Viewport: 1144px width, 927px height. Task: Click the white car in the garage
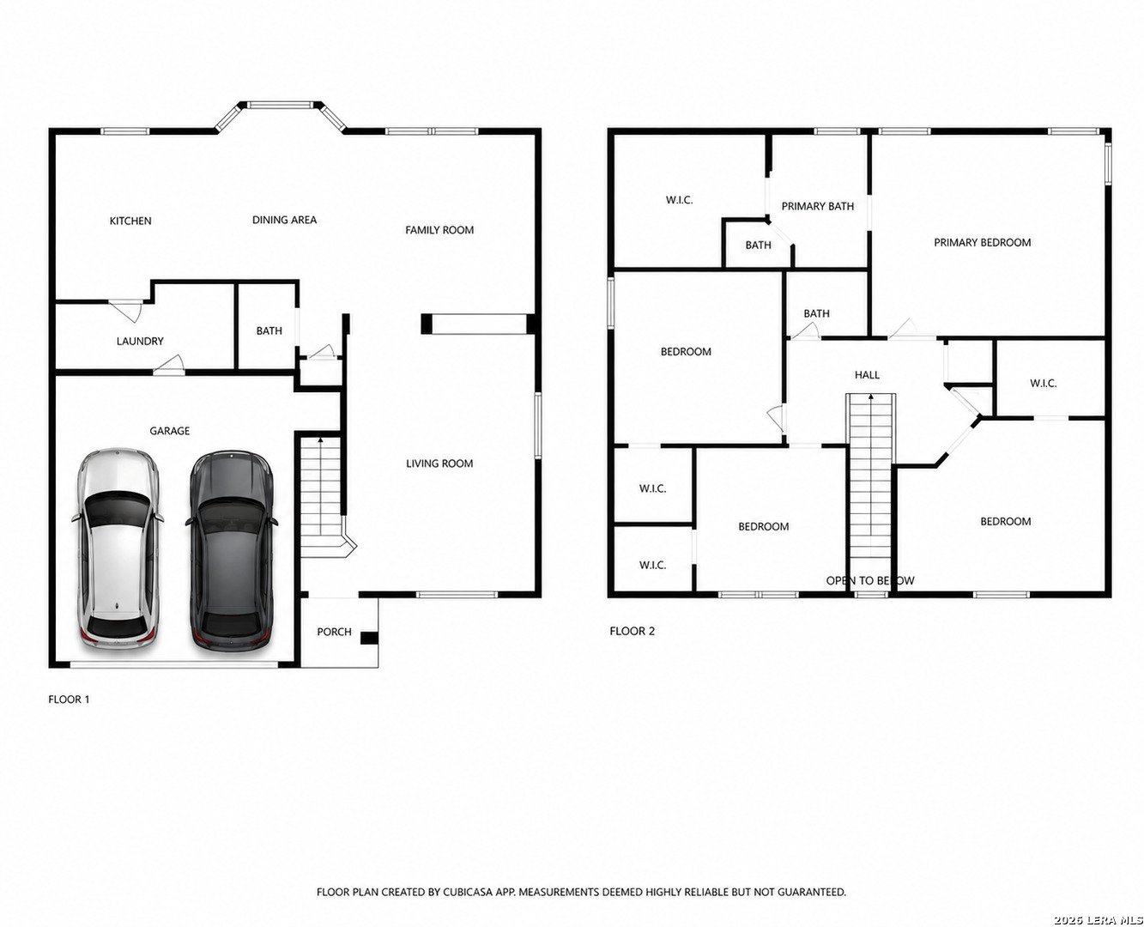click(x=118, y=548)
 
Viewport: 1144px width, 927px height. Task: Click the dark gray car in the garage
click(x=232, y=551)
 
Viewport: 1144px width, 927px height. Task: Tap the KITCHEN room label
click(x=130, y=221)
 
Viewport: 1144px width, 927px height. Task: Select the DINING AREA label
click(x=285, y=220)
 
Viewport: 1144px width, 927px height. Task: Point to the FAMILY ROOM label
click(x=439, y=230)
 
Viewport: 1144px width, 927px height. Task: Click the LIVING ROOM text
click(x=439, y=463)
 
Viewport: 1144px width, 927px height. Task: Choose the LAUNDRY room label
click(x=140, y=341)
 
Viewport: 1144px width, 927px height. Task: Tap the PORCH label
click(x=334, y=632)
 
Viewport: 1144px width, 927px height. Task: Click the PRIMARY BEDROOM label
click(x=983, y=243)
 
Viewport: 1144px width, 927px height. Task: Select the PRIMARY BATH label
click(x=818, y=206)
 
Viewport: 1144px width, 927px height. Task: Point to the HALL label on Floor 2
click(x=867, y=375)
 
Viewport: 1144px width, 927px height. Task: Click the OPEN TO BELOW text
click(x=870, y=580)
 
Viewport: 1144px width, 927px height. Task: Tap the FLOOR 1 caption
click(x=69, y=700)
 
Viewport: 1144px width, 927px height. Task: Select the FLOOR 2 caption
click(x=633, y=631)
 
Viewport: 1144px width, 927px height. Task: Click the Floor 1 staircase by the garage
click(x=322, y=497)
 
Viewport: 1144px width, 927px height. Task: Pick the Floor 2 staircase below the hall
click(x=870, y=492)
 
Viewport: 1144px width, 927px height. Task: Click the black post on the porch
click(x=369, y=638)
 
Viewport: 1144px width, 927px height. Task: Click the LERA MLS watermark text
click(x=1099, y=920)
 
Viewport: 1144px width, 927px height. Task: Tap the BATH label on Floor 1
click(x=269, y=330)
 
